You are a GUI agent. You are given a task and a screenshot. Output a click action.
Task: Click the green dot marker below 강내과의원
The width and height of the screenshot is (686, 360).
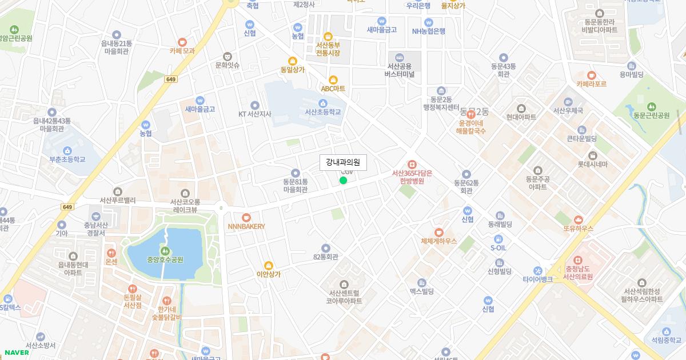coord(343,181)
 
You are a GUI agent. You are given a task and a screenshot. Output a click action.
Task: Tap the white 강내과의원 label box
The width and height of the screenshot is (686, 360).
coord(343,162)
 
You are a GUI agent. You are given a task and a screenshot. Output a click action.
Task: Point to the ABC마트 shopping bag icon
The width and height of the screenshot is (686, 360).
coord(333,80)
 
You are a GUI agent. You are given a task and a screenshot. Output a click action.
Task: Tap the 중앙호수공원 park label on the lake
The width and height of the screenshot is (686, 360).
coord(165,259)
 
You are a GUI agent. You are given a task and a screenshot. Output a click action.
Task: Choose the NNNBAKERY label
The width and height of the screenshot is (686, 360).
coord(246,226)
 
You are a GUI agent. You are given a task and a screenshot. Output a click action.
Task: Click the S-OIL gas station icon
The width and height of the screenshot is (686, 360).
coord(498,239)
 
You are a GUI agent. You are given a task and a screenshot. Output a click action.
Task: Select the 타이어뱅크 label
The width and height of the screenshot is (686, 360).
coord(537,279)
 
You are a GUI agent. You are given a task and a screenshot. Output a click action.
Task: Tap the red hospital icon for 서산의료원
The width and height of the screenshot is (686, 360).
coord(577,260)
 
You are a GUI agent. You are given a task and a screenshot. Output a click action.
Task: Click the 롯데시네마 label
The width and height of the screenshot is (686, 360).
coord(592,165)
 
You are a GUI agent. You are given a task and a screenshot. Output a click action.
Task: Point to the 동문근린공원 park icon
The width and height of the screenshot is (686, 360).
coord(651,107)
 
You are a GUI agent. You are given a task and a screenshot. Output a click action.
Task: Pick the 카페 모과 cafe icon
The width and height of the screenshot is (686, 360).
coord(182,42)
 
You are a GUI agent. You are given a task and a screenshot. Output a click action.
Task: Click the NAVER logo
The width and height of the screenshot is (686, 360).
coord(17,353)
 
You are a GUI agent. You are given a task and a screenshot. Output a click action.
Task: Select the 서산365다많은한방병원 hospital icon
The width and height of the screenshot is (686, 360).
coord(412,165)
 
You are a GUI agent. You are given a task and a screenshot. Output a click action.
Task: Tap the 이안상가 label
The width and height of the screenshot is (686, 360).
coord(269,274)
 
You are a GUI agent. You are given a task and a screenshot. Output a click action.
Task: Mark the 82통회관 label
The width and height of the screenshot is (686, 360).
coord(325,257)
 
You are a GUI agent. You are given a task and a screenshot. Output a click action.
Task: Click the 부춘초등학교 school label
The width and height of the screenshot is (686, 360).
coord(67,159)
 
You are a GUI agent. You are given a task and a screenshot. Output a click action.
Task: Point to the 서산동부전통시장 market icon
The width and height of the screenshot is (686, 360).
coord(328,37)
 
